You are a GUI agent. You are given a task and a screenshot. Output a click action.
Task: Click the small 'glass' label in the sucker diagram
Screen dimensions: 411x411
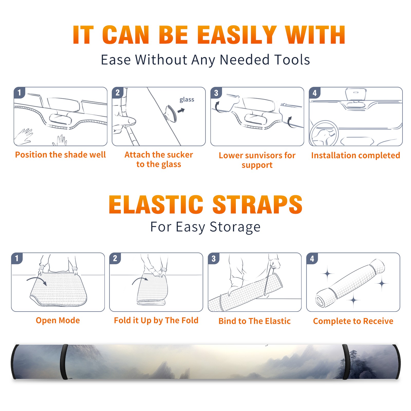(187, 100)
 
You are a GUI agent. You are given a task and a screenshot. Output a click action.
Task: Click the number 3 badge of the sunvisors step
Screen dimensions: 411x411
(216, 93)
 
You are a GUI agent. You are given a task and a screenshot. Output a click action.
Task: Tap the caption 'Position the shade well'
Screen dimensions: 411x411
(60, 155)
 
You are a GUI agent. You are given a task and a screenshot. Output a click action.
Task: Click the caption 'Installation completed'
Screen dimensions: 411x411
(356, 155)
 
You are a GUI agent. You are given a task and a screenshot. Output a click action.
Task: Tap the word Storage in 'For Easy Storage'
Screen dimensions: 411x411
(235, 227)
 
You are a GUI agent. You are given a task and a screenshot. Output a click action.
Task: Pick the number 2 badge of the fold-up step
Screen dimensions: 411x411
(115, 258)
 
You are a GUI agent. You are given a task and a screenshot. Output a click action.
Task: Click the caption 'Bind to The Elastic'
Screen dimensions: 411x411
(255, 321)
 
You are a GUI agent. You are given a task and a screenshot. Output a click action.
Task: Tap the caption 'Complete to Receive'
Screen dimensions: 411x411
(353, 321)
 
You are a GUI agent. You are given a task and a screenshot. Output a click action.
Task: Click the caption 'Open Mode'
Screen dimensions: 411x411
(58, 320)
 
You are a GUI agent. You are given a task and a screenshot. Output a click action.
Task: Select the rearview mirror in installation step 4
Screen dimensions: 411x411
(356, 94)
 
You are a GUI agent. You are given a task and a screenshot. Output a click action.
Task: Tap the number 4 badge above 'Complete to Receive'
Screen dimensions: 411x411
(312, 258)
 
